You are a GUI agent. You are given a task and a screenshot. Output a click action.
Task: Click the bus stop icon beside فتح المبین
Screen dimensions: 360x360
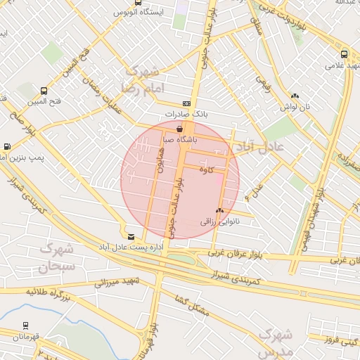point(44,91)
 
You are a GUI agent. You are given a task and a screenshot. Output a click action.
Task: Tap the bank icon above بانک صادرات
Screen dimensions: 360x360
point(186,103)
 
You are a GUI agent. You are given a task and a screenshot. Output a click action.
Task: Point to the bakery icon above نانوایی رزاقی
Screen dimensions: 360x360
point(220,210)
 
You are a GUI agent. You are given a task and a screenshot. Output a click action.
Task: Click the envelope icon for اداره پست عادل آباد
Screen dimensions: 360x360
point(131,237)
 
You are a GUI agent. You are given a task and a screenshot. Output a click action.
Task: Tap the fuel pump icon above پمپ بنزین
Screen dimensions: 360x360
point(7,147)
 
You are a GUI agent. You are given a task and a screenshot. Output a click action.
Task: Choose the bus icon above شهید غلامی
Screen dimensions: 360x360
point(344,54)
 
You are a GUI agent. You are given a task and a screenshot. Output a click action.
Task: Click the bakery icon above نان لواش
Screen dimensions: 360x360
point(295,96)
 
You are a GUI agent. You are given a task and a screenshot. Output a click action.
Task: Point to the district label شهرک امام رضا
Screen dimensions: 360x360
point(141,80)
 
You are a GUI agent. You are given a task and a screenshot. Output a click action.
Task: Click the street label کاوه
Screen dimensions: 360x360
point(206,169)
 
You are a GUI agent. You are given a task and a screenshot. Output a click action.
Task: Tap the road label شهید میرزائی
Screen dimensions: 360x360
point(118,282)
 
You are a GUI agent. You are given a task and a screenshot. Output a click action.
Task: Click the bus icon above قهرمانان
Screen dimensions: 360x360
point(25,326)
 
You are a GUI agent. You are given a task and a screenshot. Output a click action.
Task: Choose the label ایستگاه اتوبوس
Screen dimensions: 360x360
point(139,13)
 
